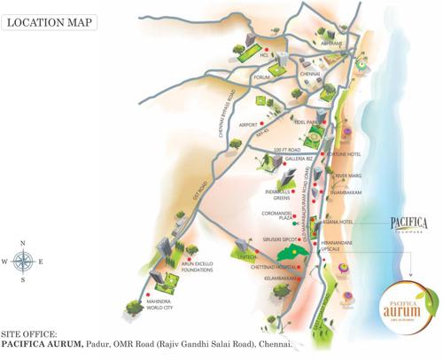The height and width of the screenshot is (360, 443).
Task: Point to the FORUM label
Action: point(260,77)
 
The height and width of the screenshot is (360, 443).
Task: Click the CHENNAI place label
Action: point(309,74)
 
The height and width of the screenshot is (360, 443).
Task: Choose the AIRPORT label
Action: point(249,124)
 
